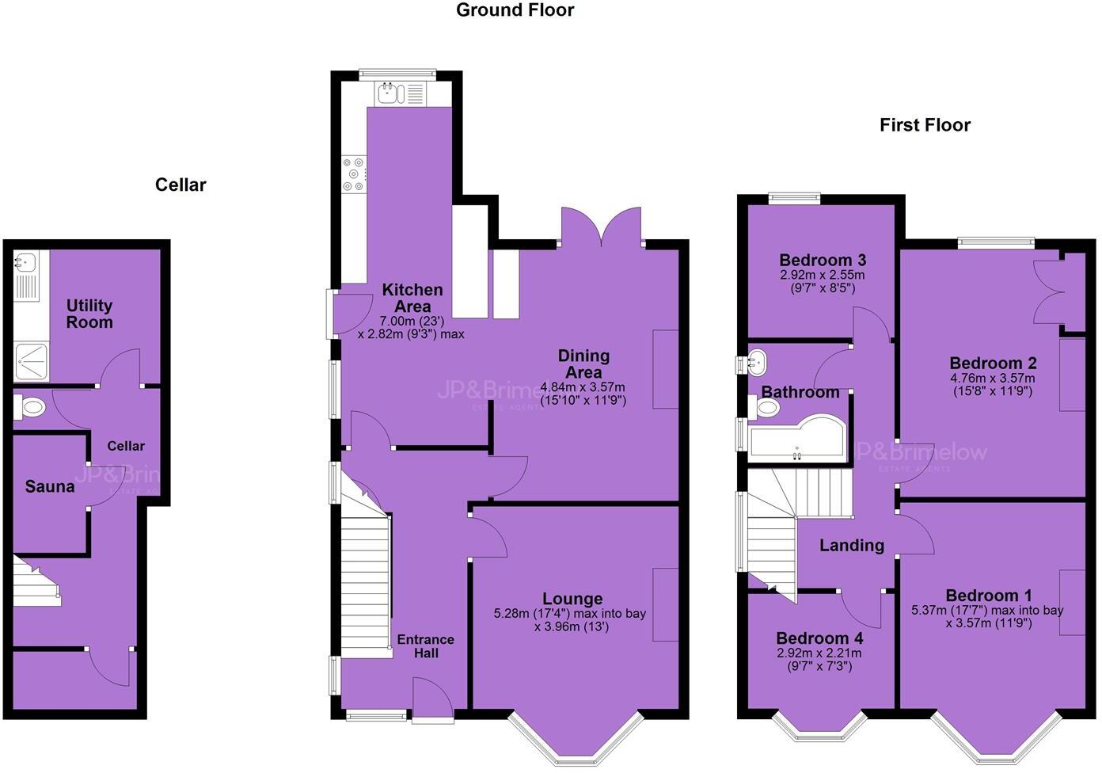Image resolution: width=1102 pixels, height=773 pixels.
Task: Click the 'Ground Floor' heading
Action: pos(515,10)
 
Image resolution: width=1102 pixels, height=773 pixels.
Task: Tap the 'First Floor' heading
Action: pos(924,125)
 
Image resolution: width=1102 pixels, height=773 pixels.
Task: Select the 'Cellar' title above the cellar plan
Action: pos(180,185)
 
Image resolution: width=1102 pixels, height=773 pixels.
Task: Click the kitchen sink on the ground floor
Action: pos(389,94)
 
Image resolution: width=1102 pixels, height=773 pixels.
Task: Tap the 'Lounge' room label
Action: pos(572,599)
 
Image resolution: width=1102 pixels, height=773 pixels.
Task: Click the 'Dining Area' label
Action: pos(583,364)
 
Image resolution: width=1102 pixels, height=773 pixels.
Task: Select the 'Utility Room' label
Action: pos(89,314)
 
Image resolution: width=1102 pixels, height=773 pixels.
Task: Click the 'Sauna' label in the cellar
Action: pos(50,486)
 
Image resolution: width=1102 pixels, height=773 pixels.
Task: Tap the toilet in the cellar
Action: pos(29,408)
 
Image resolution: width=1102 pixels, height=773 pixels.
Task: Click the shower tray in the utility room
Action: pos(31,361)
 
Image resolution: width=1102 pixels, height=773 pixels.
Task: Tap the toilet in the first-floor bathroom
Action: pos(765,407)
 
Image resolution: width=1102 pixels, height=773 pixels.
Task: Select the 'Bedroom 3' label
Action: pos(822,260)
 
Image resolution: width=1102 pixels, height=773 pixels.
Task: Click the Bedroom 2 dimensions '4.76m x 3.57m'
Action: pos(993,378)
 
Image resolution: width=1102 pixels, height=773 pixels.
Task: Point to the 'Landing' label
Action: pos(851,545)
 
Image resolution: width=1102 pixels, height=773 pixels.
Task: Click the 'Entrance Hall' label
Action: pos(425,646)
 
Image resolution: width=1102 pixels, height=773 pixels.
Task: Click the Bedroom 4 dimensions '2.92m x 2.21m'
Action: pos(819,653)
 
